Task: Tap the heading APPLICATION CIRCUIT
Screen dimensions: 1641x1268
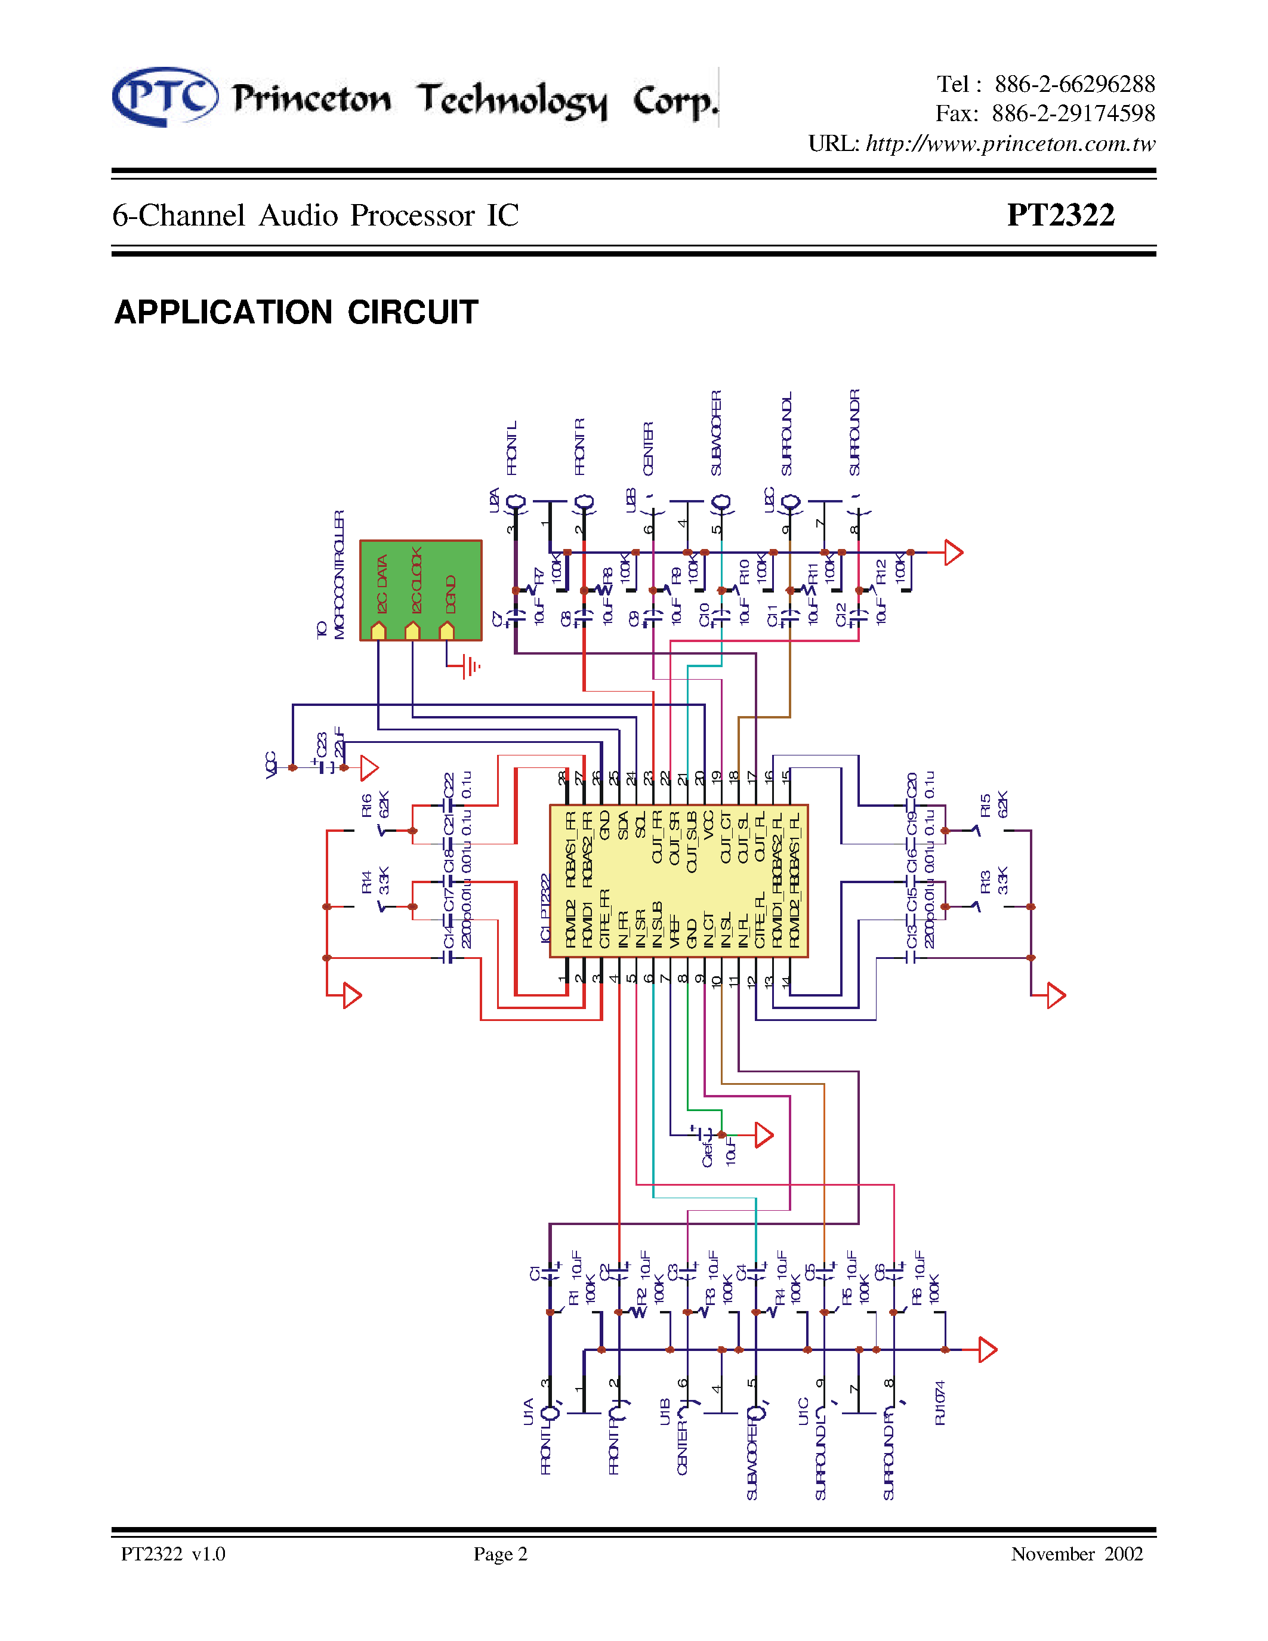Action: pos(296,313)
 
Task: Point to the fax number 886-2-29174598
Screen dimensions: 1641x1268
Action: pos(1073,113)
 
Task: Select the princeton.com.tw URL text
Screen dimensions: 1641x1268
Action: pos(1010,143)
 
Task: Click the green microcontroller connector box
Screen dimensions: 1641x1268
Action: pos(421,590)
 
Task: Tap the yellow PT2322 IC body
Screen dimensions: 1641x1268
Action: pos(678,881)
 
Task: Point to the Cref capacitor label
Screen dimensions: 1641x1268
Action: pos(707,1152)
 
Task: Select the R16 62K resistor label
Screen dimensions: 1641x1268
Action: pos(375,805)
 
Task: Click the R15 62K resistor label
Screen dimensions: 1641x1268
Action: pos(993,805)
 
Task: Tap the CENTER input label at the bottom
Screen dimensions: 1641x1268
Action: pos(681,1446)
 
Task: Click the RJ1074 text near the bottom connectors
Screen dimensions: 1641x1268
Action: pos(940,1402)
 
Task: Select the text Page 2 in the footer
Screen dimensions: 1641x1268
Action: pos(500,1554)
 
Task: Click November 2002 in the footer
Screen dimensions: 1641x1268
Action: pos(1076,1554)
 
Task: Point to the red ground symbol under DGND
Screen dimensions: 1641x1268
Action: pos(470,666)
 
